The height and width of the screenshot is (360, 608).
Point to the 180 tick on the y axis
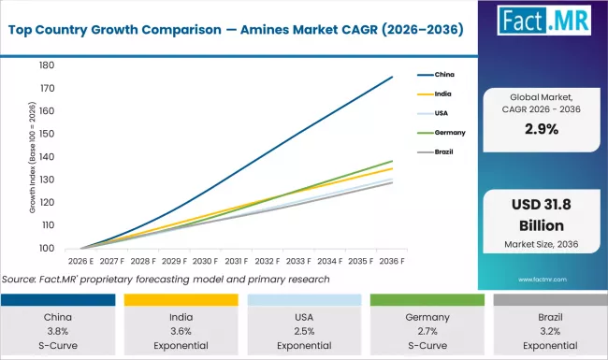(x=45, y=65)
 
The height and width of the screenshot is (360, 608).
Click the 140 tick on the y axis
(x=45, y=157)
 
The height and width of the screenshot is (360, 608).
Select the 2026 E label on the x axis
(x=80, y=261)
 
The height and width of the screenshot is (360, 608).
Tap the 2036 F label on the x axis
(x=392, y=261)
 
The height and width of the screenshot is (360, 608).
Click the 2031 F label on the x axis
(x=236, y=261)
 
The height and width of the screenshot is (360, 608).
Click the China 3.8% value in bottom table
(x=58, y=330)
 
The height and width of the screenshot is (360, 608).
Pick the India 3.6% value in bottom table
(x=181, y=330)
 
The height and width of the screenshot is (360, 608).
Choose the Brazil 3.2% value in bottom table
(x=548, y=330)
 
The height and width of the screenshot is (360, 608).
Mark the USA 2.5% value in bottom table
(x=303, y=330)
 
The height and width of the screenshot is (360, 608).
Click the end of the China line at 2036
(x=392, y=77)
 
